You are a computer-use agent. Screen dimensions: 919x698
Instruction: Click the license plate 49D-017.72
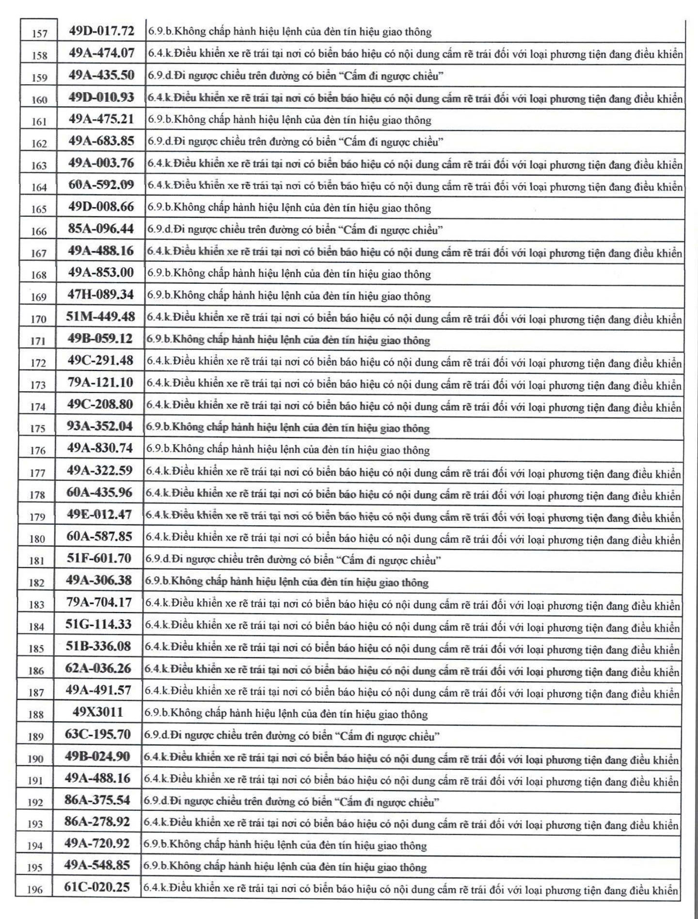101,31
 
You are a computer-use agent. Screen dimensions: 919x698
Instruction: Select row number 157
39,33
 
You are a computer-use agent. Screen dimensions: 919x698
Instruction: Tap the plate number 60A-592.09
101,185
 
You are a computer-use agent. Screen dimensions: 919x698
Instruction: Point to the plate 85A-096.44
101,228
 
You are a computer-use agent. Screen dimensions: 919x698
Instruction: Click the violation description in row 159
296,76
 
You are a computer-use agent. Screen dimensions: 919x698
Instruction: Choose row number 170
38,319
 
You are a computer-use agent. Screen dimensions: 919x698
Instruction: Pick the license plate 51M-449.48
100,317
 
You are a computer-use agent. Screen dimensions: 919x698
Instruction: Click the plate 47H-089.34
100,294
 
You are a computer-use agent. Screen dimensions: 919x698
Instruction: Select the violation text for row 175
288,428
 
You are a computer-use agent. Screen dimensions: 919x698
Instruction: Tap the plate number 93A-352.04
100,426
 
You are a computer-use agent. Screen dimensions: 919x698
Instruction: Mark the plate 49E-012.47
99,514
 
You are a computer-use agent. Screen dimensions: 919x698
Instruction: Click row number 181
37,561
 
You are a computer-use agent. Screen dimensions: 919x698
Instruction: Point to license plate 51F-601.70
99,558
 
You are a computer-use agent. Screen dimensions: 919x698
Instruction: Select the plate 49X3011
98,712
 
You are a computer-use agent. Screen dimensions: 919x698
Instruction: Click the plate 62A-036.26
98,668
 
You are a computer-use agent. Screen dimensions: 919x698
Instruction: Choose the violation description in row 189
292,736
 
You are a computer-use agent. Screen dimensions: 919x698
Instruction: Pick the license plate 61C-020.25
97,887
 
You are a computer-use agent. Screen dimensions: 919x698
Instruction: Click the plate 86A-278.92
97,822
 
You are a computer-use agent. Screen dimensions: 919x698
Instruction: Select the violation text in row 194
285,845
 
